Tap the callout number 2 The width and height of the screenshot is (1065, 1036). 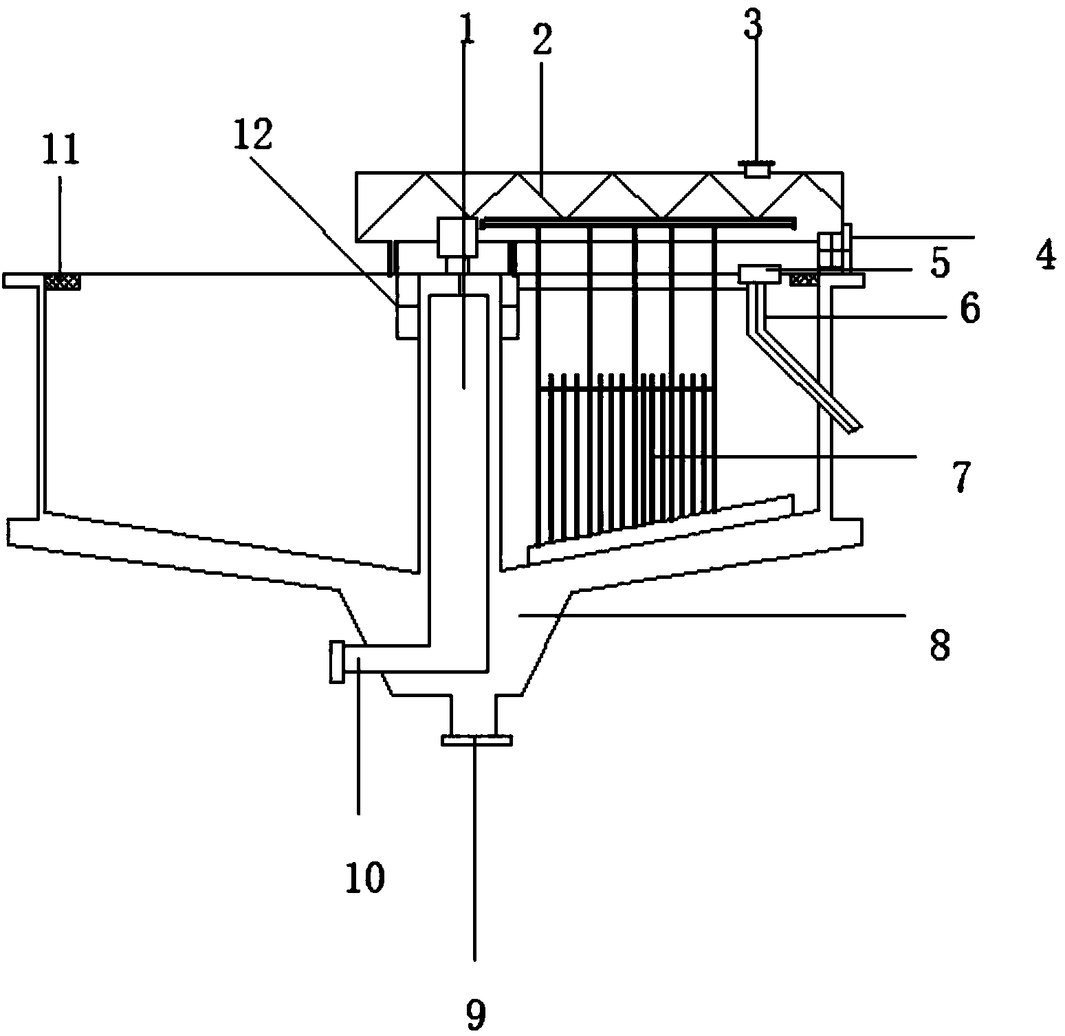coord(542,41)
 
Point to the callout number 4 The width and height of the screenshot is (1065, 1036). coord(1045,255)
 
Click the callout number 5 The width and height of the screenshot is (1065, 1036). coord(939,263)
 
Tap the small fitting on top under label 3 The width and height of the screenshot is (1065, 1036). coord(756,168)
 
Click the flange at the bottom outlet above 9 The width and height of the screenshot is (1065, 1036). coord(476,740)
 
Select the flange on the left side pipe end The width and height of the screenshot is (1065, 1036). coord(337,661)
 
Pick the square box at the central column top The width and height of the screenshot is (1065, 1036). coord(457,237)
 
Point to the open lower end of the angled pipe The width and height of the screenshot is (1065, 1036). coord(854,428)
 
